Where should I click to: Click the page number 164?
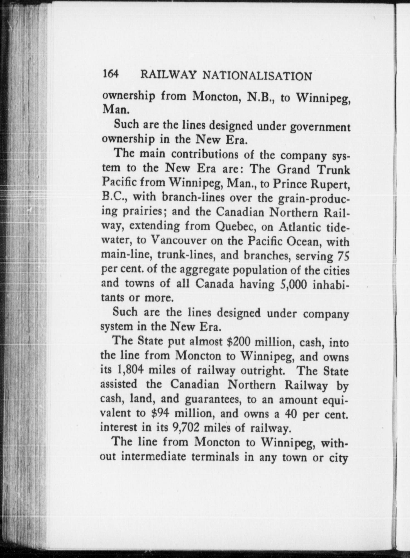click(x=111, y=74)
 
